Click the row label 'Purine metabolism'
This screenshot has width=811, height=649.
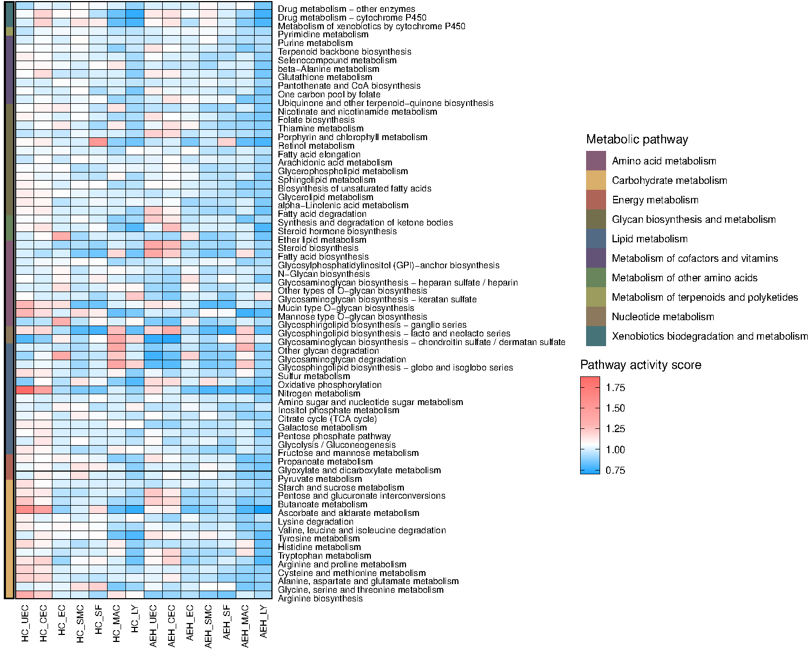coord(315,43)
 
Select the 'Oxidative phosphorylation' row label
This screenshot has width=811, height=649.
coord(330,385)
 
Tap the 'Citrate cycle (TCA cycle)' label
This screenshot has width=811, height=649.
coord(327,419)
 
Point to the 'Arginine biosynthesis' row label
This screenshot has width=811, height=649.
coord(320,599)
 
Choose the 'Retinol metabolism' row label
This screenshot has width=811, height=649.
coord(316,145)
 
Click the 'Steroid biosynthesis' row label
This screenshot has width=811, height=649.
coord(318,248)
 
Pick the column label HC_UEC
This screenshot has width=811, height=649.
coord(25,624)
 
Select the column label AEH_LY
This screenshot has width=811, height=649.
coord(263,621)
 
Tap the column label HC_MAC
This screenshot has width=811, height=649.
coord(116,624)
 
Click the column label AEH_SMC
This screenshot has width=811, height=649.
coord(208,626)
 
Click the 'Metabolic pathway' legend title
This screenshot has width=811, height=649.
coord(637,140)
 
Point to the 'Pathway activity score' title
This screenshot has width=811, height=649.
coord(641,365)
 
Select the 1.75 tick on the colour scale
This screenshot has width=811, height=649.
coord(615,388)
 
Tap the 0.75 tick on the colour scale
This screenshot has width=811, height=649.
coord(615,470)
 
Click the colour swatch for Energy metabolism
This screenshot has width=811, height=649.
coord(596,200)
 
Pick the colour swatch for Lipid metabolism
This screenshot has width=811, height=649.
coord(596,239)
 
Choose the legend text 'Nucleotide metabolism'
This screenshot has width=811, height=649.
coord(663,317)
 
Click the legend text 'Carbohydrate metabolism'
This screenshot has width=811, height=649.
coord(669,181)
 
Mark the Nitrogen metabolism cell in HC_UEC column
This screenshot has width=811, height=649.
coord(24,389)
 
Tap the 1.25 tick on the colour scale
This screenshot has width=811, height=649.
coord(615,429)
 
